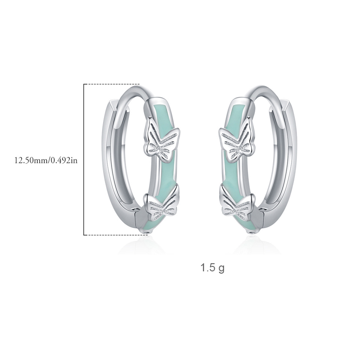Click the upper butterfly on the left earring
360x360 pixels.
pyautogui.click(x=162, y=140)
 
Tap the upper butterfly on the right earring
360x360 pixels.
pyautogui.click(x=237, y=140)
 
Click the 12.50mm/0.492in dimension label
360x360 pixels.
pyautogui.click(x=46, y=160)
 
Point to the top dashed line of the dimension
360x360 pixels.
pyautogui.click(x=112, y=84)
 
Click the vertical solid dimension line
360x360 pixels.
pyautogui.click(x=84, y=160)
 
